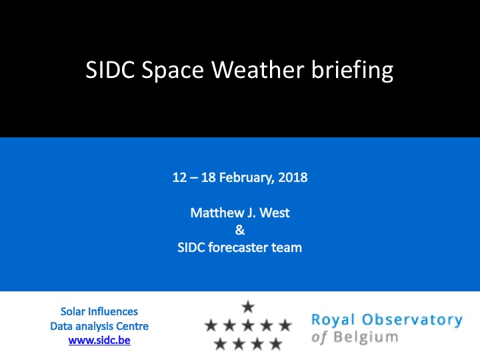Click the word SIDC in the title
coord(110,70)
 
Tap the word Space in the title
coord(173,71)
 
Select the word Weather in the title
coord(258,70)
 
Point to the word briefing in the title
coord(353,71)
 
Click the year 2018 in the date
coord(293,177)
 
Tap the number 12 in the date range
coord(179,177)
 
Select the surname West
coord(275,213)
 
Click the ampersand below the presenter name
coord(240,230)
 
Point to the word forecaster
coord(238,247)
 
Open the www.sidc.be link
coord(99,341)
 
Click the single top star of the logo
coord(248,307)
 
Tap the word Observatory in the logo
coord(413,319)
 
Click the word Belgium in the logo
coord(366,337)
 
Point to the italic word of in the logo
coord(319,337)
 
